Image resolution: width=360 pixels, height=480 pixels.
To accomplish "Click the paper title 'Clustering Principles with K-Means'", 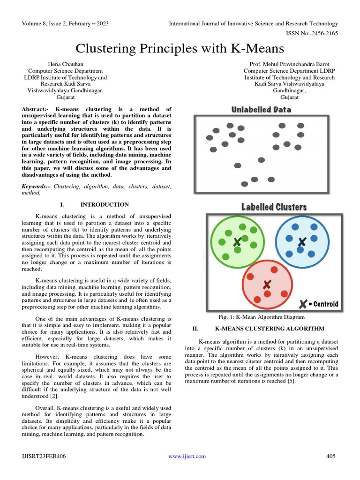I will [180, 48].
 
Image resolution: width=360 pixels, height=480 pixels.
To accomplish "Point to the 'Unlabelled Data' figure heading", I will [261, 110].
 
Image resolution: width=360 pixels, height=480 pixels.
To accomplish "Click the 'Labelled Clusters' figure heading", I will [274, 207].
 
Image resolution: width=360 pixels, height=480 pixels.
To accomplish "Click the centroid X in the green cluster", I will [238, 242].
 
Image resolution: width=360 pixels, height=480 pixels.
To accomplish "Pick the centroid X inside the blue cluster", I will [302, 242].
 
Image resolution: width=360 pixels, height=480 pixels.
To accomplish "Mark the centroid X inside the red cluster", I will [267, 284].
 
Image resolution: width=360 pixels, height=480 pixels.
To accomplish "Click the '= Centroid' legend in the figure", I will [318, 304].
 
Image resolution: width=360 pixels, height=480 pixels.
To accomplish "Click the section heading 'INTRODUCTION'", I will [105, 204].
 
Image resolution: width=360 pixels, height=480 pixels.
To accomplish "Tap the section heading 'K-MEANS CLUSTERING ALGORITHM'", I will [270, 329].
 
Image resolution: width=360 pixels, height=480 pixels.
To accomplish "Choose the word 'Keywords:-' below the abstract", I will [37, 186].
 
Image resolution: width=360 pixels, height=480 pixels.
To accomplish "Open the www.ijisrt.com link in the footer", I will [187, 456].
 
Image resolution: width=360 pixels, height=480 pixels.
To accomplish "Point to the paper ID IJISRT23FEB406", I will [45, 456].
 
